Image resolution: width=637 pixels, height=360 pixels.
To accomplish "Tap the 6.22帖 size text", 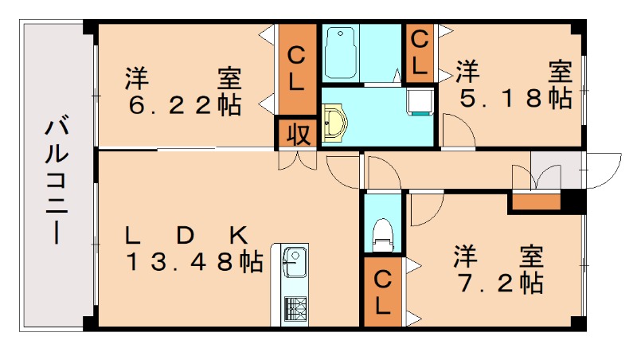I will (x=182, y=106).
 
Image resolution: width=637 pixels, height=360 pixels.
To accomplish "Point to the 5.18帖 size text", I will (x=514, y=98).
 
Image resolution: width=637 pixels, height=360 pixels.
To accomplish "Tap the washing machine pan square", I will (x=419, y=101).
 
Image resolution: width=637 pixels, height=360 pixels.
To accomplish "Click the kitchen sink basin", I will (x=293, y=262).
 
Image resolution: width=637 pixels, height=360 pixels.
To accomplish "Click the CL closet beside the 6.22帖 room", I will (x=296, y=69).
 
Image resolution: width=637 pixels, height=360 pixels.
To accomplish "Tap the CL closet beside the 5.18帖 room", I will (x=420, y=51).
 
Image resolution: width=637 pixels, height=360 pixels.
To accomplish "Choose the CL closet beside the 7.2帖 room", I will (x=383, y=291).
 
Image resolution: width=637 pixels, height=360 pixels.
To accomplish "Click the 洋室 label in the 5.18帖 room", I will (x=514, y=71).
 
